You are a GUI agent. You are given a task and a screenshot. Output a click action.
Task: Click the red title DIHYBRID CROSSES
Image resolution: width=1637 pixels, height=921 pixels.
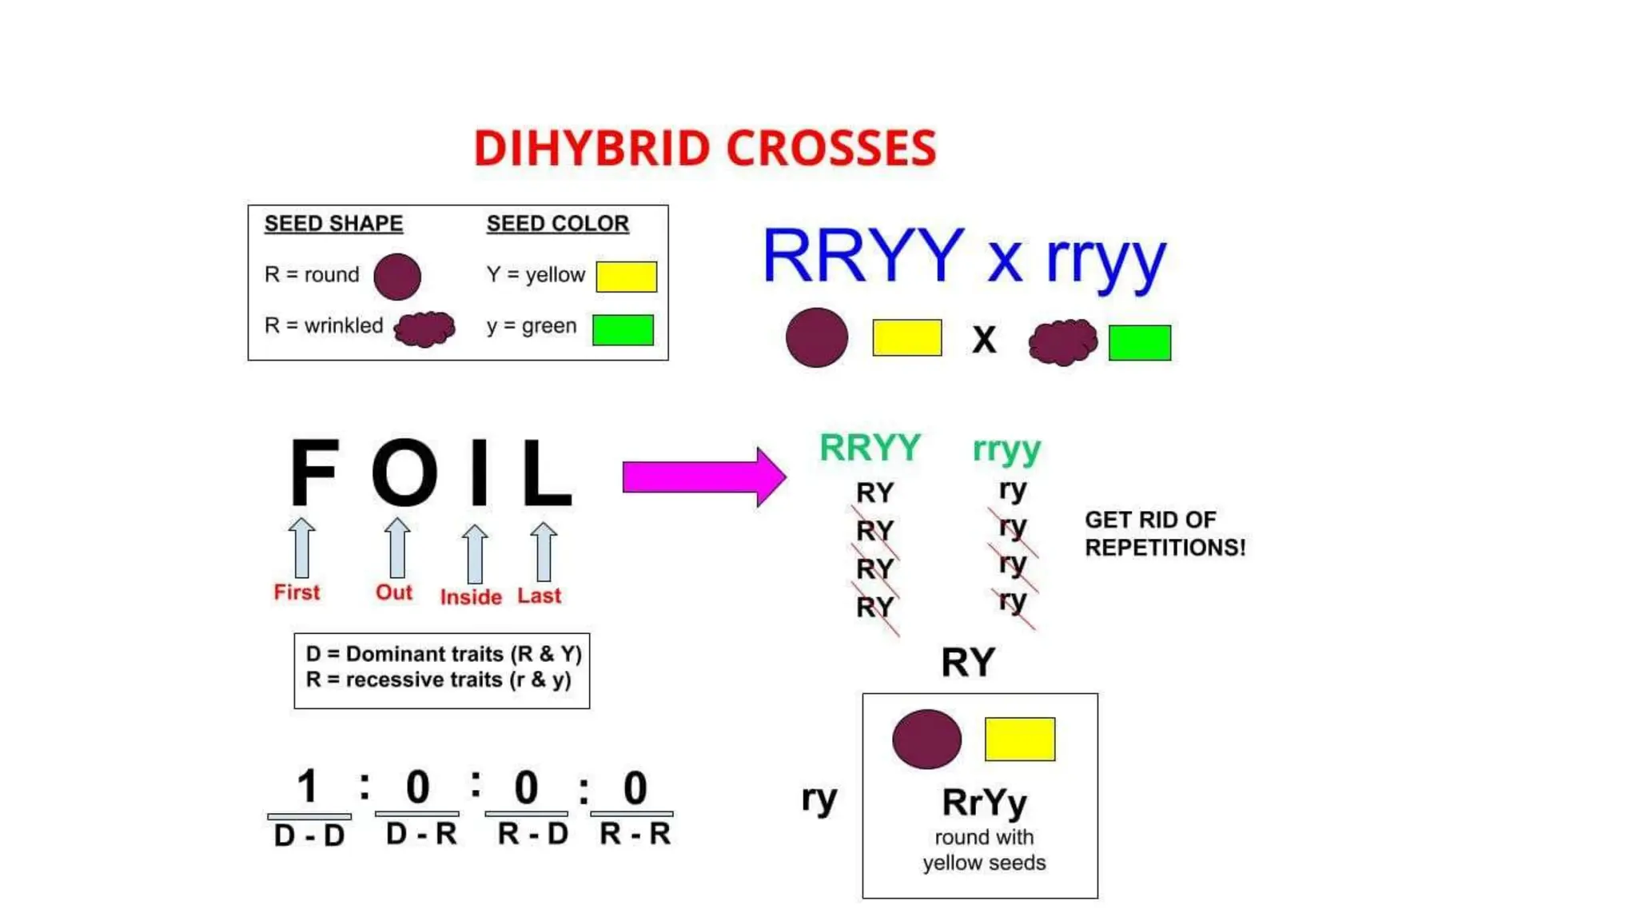[704, 149]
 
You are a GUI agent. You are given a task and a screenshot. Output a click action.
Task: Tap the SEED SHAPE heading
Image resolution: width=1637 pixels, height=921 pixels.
[333, 224]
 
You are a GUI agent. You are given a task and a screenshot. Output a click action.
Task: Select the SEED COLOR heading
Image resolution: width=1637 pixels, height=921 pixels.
[557, 224]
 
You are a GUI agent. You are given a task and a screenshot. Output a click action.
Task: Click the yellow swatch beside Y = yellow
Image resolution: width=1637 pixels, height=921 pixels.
[626, 277]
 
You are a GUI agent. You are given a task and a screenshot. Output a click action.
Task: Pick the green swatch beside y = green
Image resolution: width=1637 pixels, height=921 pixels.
[623, 329]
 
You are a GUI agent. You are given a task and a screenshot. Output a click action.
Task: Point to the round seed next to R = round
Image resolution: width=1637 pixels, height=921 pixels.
[397, 277]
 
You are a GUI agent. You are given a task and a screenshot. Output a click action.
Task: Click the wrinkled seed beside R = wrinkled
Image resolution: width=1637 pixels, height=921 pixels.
[425, 328]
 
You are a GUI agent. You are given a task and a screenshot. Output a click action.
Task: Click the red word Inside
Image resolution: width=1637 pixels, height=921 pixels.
[471, 597]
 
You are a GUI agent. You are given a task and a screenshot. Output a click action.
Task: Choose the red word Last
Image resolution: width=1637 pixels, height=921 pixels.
[540, 596]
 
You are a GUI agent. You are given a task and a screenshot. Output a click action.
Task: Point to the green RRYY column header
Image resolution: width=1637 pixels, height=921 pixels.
[870, 448]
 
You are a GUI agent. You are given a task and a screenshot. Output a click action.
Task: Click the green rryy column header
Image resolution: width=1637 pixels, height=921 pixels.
[1006, 449]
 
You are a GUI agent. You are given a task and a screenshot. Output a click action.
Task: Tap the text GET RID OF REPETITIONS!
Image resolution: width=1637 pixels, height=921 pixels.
[1165, 534]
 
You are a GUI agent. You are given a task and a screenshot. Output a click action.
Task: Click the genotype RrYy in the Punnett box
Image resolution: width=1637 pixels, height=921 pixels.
[984, 803]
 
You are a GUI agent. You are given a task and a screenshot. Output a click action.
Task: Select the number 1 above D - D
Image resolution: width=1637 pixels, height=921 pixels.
[308, 787]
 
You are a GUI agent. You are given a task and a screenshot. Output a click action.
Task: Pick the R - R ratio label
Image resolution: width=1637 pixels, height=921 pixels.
[635, 834]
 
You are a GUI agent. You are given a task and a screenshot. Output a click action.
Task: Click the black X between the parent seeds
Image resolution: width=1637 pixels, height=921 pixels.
[984, 340]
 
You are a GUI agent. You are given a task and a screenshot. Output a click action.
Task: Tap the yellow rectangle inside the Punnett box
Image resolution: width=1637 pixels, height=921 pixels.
[1019, 739]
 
